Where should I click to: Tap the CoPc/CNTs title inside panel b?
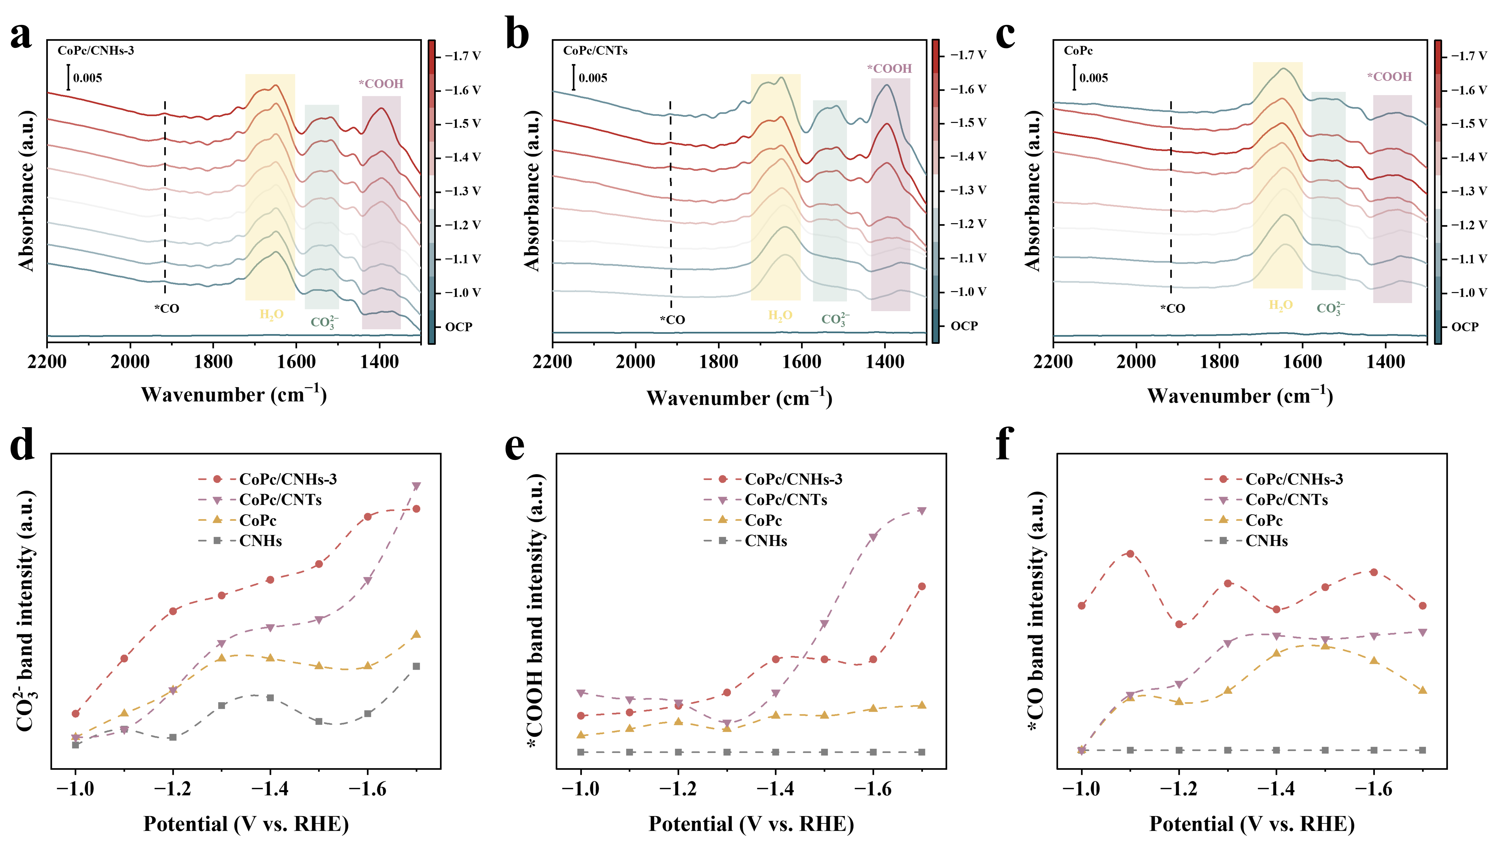point(595,51)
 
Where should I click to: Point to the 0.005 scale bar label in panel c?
point(1093,78)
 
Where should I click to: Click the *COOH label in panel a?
point(381,84)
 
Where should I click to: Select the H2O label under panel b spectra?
point(780,316)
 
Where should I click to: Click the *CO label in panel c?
point(1172,309)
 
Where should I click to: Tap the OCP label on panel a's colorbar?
point(459,327)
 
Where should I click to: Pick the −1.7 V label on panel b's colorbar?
point(968,55)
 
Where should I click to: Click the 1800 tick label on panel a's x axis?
point(213,362)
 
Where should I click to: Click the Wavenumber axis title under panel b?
point(739,398)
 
